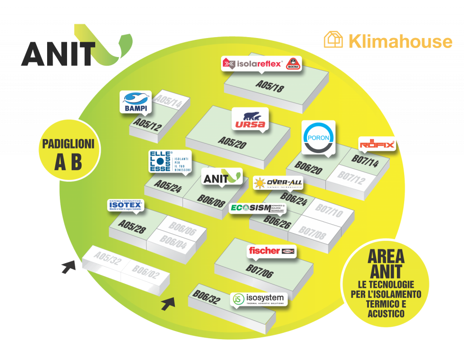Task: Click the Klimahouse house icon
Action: (333, 39)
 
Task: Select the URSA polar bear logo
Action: (249, 119)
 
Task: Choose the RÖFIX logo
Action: (377, 144)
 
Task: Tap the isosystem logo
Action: (259, 298)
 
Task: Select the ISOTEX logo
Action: (126, 206)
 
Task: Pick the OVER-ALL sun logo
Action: (278, 183)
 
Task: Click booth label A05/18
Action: (269, 86)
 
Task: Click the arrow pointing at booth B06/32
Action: (168, 304)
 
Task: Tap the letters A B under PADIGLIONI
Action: (68, 162)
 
